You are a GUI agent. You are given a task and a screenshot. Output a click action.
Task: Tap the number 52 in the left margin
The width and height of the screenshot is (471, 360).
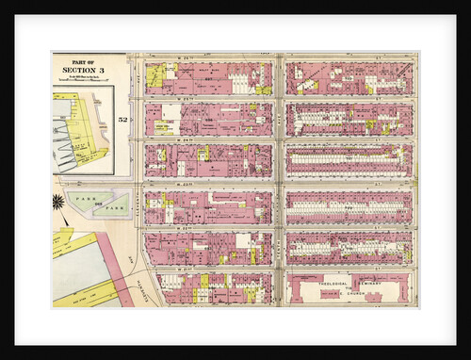coord(122,120)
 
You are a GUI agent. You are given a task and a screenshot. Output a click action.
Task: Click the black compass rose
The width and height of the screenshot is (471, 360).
coord(58,201)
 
